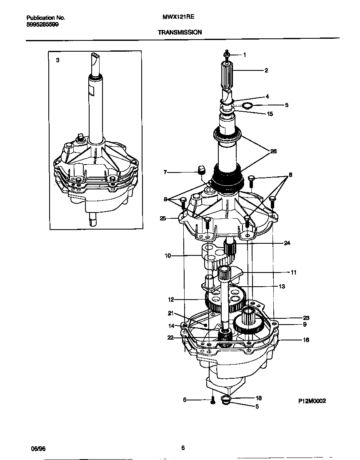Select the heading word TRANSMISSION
click(180, 32)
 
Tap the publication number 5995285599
click(42, 25)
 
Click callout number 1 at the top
click(245, 55)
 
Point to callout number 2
click(266, 70)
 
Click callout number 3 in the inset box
click(57, 60)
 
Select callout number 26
click(273, 151)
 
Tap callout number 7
click(165, 172)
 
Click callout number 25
click(163, 218)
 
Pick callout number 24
click(287, 243)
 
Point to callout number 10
click(168, 256)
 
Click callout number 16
click(306, 340)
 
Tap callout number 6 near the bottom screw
click(185, 400)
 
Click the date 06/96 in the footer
click(38, 448)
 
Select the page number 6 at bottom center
click(183, 448)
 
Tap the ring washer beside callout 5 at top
click(247, 105)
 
